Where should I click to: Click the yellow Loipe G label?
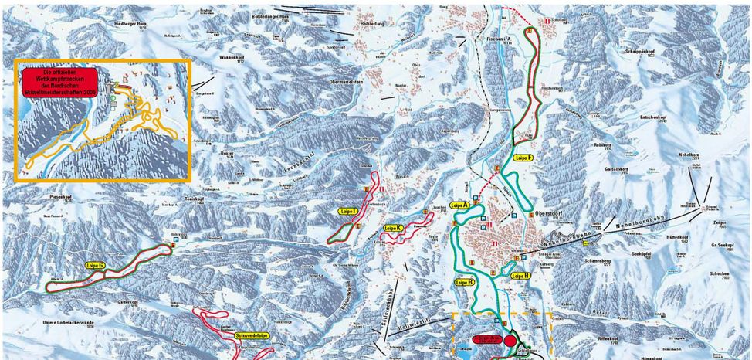click(96, 265)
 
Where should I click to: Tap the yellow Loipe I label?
click(347, 210)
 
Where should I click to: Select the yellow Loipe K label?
click(393, 228)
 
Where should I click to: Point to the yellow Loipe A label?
click(460, 205)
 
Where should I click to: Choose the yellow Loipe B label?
click(464, 283)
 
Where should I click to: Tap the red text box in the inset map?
click(60, 81)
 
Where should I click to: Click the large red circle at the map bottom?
click(510, 341)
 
